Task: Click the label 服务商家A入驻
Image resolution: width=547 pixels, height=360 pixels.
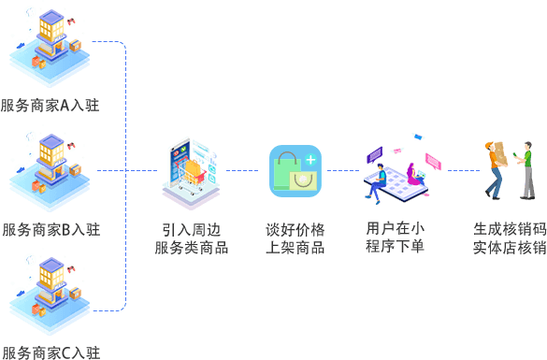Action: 50,106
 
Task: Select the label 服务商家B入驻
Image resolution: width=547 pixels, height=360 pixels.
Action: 51,230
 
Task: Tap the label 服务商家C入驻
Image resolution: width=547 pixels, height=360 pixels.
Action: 51,353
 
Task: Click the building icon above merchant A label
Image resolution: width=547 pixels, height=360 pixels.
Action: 50,47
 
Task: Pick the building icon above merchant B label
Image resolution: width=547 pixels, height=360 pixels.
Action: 50,172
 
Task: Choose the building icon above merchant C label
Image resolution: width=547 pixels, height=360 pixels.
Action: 50,295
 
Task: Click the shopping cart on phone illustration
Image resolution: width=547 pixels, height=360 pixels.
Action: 191,174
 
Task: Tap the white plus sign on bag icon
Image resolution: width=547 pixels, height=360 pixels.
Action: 310,160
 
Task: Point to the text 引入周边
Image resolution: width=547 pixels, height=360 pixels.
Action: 191,230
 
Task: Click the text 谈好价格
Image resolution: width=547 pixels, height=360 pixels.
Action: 295,230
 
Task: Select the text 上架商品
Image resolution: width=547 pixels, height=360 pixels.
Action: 295,248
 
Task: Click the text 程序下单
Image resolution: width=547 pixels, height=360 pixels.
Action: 395,246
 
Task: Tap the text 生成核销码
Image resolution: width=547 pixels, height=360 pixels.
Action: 510,229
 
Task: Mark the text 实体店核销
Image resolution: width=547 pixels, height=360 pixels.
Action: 510,248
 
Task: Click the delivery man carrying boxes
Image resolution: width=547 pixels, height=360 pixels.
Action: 496,170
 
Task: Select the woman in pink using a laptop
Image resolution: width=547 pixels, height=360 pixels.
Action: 415,175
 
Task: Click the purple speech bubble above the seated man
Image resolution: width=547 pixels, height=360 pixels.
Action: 375,154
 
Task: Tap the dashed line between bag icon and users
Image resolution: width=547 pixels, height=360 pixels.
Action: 343,170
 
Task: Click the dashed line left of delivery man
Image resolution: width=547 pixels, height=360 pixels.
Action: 464,170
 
